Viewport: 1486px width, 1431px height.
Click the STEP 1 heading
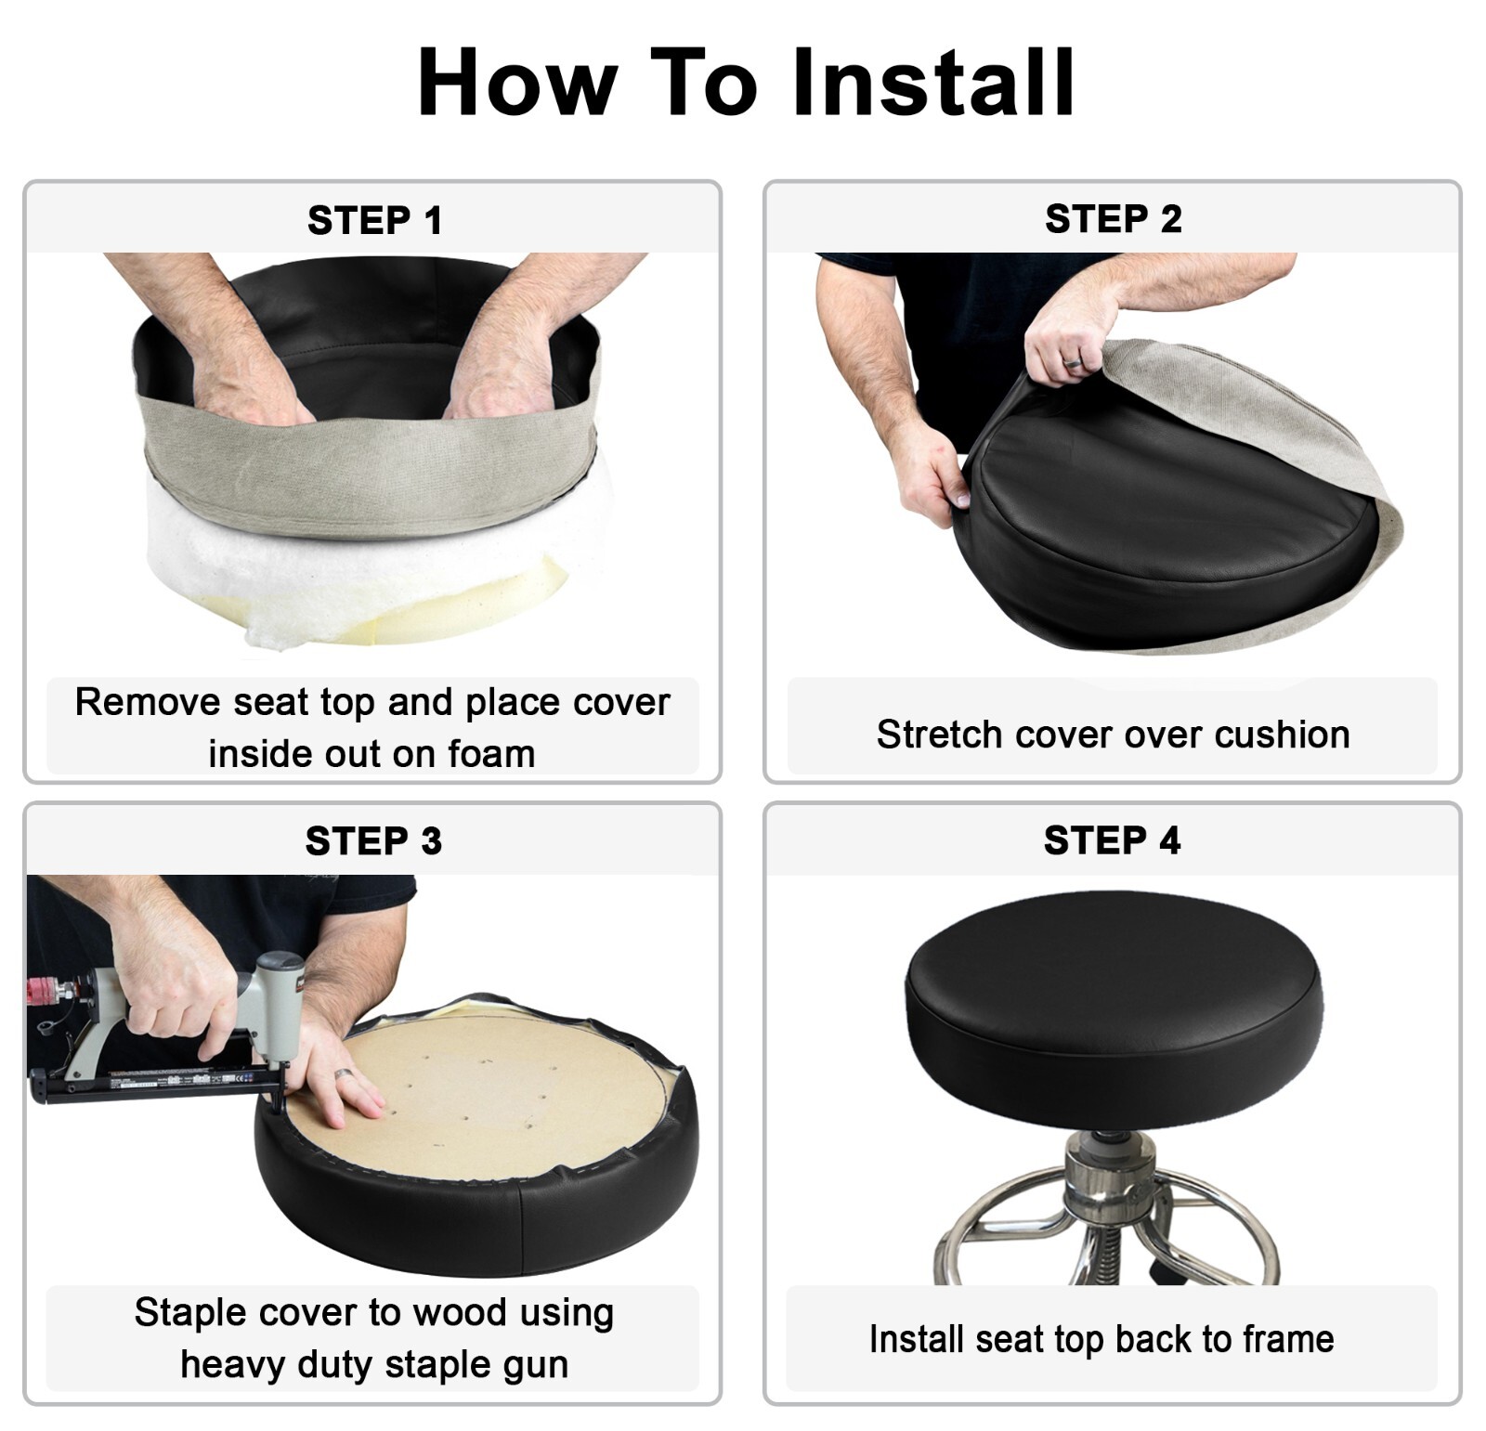[x=374, y=221]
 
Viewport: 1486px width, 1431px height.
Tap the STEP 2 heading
[x=1113, y=219]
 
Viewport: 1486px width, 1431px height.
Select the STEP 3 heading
[x=373, y=841]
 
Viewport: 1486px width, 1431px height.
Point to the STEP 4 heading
[x=1112, y=840]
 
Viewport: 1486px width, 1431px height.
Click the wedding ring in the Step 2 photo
[x=1072, y=361]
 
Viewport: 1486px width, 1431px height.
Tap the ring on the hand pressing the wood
[x=344, y=1074]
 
